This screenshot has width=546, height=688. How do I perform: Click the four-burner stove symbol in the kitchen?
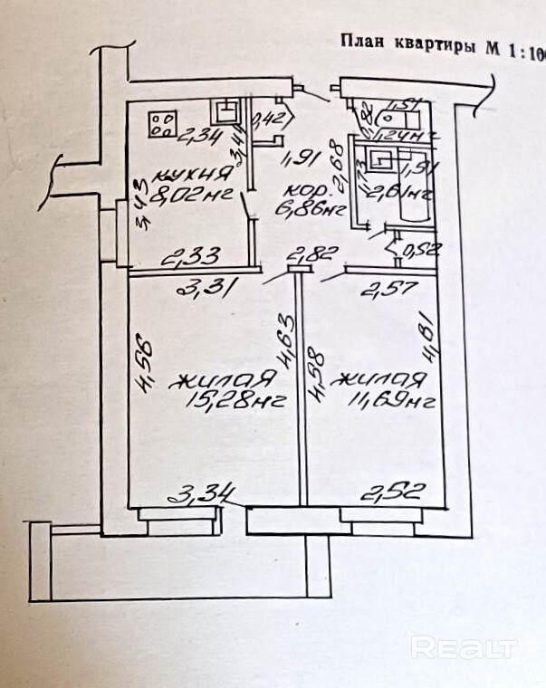[162, 123]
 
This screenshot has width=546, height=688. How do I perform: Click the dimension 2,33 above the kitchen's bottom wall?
[185, 259]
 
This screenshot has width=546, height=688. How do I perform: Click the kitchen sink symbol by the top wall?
[224, 113]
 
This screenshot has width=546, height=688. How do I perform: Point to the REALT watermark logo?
[464, 648]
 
